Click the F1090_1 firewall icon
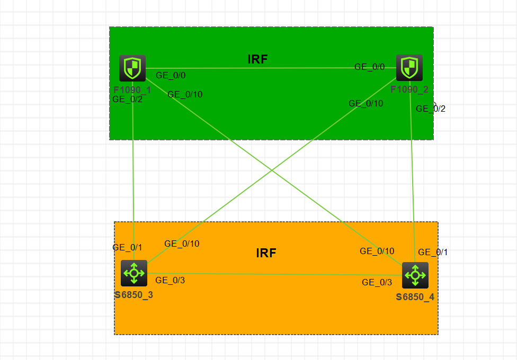[132, 68]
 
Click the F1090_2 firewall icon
[409, 68]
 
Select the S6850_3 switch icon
[134, 273]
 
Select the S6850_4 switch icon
[415, 275]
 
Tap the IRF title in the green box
[258, 59]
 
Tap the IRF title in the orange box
[266, 253]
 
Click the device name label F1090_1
[132, 89]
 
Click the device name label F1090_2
[409, 89]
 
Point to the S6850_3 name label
[134, 295]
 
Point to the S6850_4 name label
[415, 297]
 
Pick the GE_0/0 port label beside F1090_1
[171, 76]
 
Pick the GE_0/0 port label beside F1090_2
[369, 67]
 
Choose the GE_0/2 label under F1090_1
[127, 99]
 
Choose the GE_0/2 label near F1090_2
[431, 109]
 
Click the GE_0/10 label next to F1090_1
[185, 95]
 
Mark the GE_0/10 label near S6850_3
[182, 244]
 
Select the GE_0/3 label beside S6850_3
[170, 281]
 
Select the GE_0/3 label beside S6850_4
[377, 283]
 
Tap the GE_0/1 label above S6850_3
[127, 247]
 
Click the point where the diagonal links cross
[272, 170]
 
